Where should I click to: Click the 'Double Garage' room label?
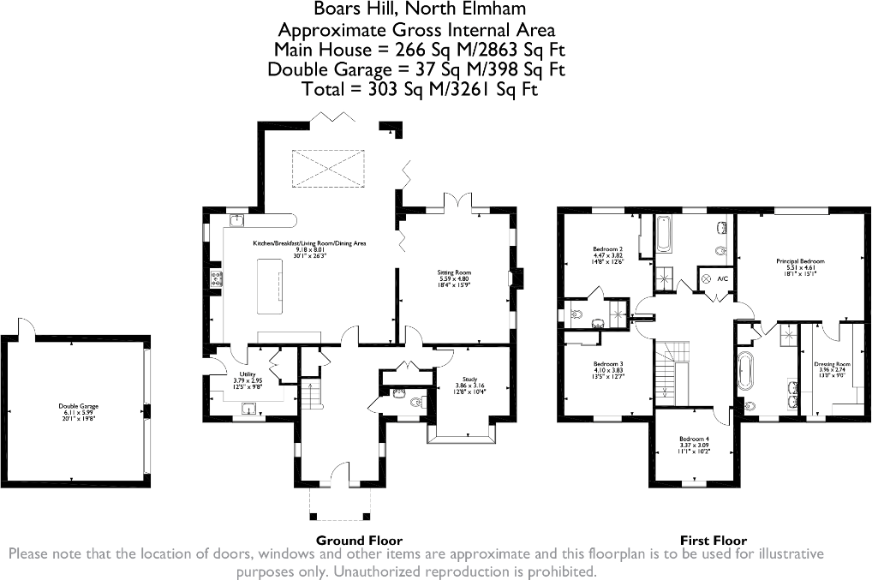[75, 406]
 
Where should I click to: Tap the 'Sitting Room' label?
[455, 272]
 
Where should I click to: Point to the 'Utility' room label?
[248, 374]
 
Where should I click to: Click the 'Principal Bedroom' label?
[800, 260]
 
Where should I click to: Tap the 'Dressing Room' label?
[832, 364]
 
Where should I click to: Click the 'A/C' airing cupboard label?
[722, 279]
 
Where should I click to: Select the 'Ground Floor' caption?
[359, 541]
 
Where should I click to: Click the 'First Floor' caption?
[713, 541]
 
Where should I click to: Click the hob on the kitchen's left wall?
[216, 278]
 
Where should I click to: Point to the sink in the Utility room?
[251, 410]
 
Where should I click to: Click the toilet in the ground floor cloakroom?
[399, 395]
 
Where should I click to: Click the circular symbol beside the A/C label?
[706, 279]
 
